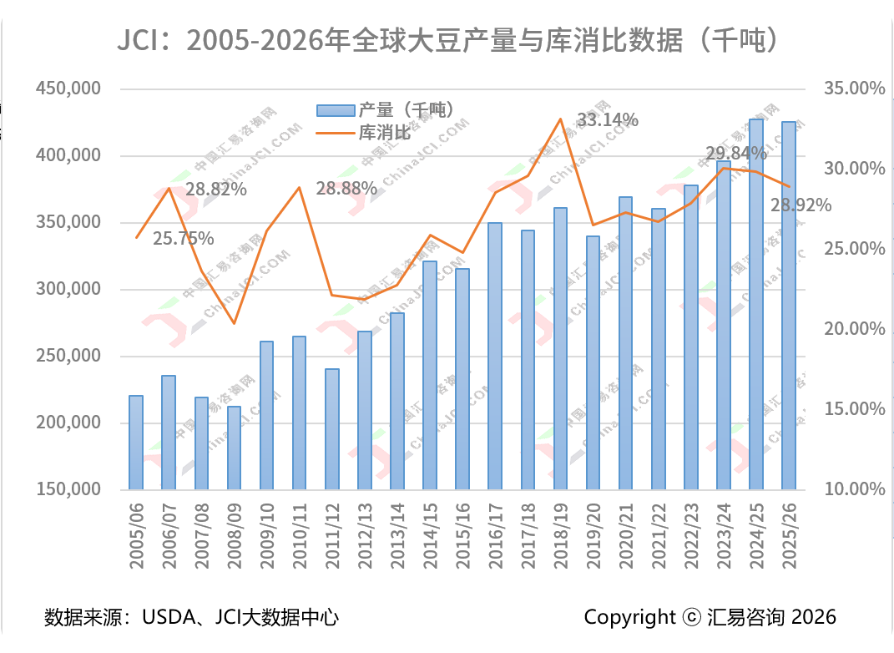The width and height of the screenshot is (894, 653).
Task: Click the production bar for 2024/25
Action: click(756, 304)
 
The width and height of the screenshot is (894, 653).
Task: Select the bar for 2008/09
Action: click(235, 448)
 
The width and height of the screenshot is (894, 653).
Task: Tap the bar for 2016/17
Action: click(495, 356)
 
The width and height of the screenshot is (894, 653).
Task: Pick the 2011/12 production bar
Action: click(332, 428)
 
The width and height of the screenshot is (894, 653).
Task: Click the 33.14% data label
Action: click(608, 120)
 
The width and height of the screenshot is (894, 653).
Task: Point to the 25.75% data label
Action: click(184, 239)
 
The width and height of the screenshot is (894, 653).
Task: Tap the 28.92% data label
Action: click(801, 205)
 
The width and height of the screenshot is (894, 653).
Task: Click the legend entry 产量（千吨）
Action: click(384, 109)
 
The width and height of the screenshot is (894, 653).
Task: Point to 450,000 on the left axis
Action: click(68, 89)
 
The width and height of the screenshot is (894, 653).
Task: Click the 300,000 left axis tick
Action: click(68, 289)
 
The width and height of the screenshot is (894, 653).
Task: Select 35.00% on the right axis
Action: click(854, 89)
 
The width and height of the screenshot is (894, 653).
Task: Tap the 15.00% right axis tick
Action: click(854, 409)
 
